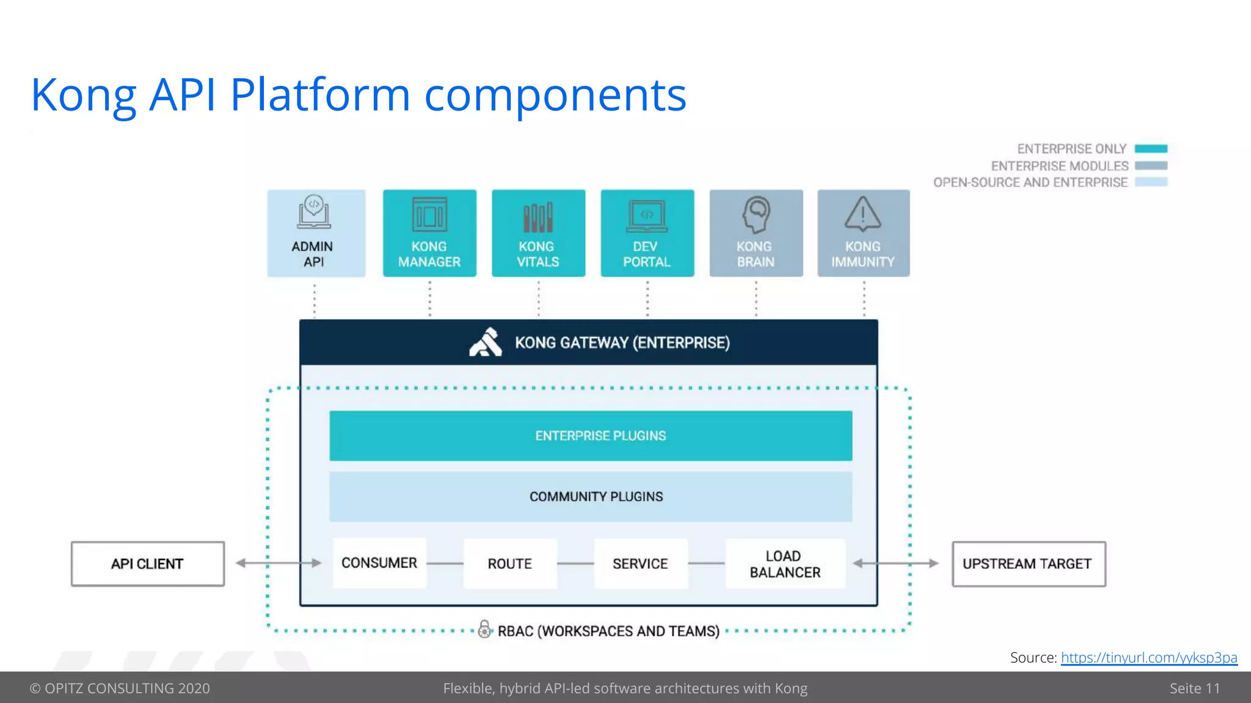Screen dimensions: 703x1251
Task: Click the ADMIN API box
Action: tap(316, 233)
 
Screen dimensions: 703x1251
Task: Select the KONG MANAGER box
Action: tap(429, 233)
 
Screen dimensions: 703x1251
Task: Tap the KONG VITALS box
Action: tap(538, 233)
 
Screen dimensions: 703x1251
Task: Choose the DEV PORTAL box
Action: tap(647, 233)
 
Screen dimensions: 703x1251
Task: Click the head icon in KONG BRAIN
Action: tap(756, 214)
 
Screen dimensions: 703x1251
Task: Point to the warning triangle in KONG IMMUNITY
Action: tap(863, 214)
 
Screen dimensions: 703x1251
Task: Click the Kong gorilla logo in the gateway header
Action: tap(486, 342)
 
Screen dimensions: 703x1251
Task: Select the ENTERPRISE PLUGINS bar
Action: tap(591, 436)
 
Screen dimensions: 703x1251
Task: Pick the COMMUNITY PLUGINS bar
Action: tap(591, 497)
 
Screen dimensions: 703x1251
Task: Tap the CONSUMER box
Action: tap(379, 563)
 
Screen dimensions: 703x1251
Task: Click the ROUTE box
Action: tap(510, 563)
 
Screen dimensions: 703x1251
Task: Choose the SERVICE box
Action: tap(641, 563)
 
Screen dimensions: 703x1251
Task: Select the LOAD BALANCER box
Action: tap(785, 563)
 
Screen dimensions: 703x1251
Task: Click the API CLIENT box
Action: tap(148, 564)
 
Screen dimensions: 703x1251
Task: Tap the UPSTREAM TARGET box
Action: tap(1029, 564)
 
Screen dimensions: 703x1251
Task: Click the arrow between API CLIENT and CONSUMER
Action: tap(279, 563)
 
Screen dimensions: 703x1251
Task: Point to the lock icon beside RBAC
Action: tap(484, 629)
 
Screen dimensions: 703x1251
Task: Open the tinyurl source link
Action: tap(1148, 658)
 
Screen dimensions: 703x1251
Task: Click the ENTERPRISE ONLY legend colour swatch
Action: tap(1151, 149)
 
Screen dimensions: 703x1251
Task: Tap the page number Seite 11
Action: tap(1194, 688)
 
